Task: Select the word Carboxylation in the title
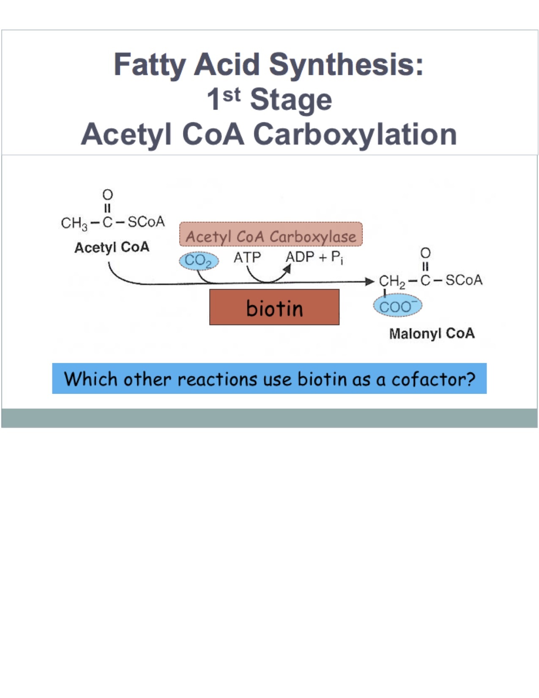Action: (355, 134)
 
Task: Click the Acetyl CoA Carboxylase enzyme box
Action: (271, 235)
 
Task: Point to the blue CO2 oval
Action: (199, 261)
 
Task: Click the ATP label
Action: (247, 257)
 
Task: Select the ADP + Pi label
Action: (314, 257)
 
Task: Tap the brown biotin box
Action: (274, 308)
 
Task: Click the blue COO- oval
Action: (397, 306)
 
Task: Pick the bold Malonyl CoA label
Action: (432, 334)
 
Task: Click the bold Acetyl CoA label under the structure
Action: (112, 247)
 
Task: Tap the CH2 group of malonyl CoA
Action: (391, 281)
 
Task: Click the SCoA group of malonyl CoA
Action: (464, 280)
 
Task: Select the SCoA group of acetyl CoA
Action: (146, 222)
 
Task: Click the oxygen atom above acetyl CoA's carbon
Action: (108, 195)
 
